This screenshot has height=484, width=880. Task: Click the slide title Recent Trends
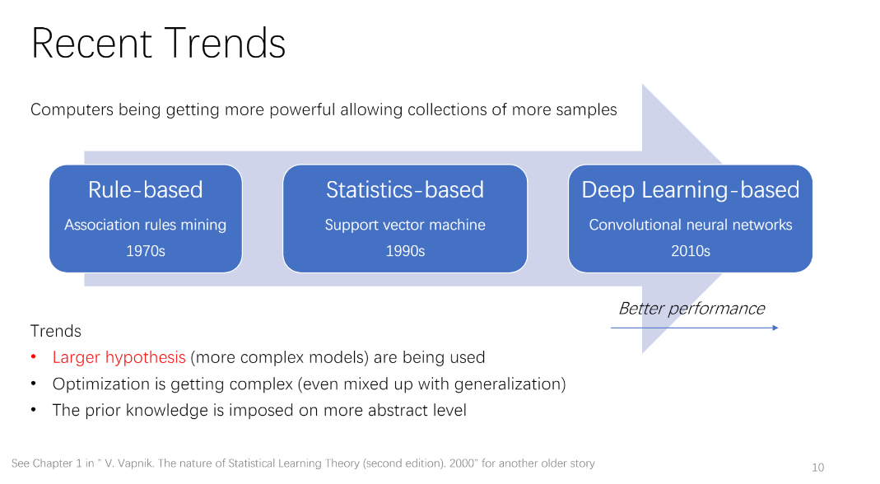pos(158,43)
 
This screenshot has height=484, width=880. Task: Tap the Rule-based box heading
pos(146,190)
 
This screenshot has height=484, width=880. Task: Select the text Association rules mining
pos(146,225)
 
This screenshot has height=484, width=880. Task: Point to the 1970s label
pos(146,251)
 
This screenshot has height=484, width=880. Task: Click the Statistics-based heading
pos(405,190)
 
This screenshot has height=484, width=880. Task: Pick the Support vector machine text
pos(405,225)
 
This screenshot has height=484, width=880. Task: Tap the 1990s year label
pos(405,251)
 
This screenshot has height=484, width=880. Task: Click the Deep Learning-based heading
pos(691,190)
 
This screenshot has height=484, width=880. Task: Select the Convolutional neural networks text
pos(691,225)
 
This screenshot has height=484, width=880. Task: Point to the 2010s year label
pos(691,251)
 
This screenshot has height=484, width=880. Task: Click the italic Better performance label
pos(691,309)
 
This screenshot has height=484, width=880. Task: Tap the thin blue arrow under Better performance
pos(694,328)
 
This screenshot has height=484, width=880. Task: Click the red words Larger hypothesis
pos(119,357)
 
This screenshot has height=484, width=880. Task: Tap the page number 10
pos(817,468)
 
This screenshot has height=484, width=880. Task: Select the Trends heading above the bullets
pos(56,331)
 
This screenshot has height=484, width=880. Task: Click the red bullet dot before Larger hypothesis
pos(34,357)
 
